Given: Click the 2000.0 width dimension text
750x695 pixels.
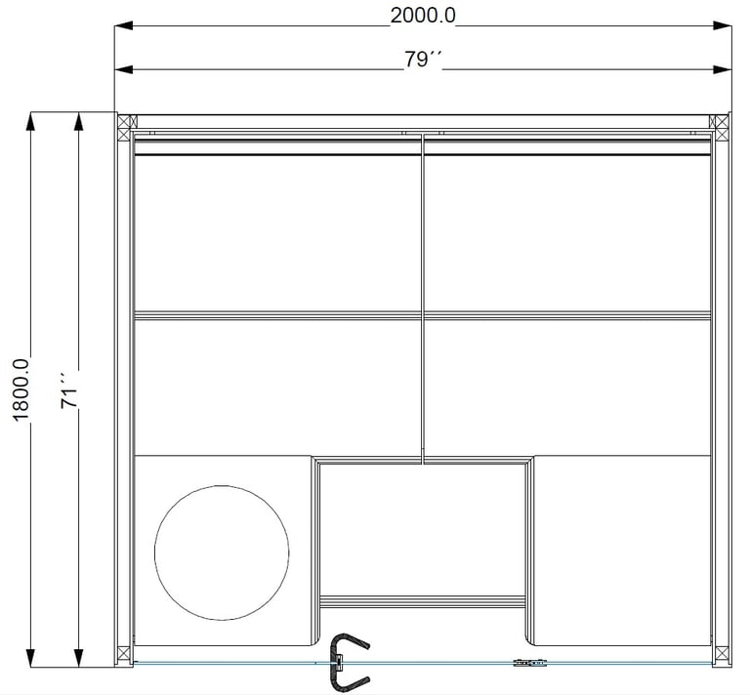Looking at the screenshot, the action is [x=423, y=16].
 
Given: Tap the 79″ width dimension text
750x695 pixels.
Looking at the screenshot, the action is [x=423, y=60].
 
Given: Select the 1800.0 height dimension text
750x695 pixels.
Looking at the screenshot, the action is [x=21, y=390].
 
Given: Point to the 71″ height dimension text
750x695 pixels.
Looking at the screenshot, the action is [x=70, y=390].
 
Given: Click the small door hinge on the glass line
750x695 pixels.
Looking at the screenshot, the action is [x=530, y=663].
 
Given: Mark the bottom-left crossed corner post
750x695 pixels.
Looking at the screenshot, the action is [x=124, y=654].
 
